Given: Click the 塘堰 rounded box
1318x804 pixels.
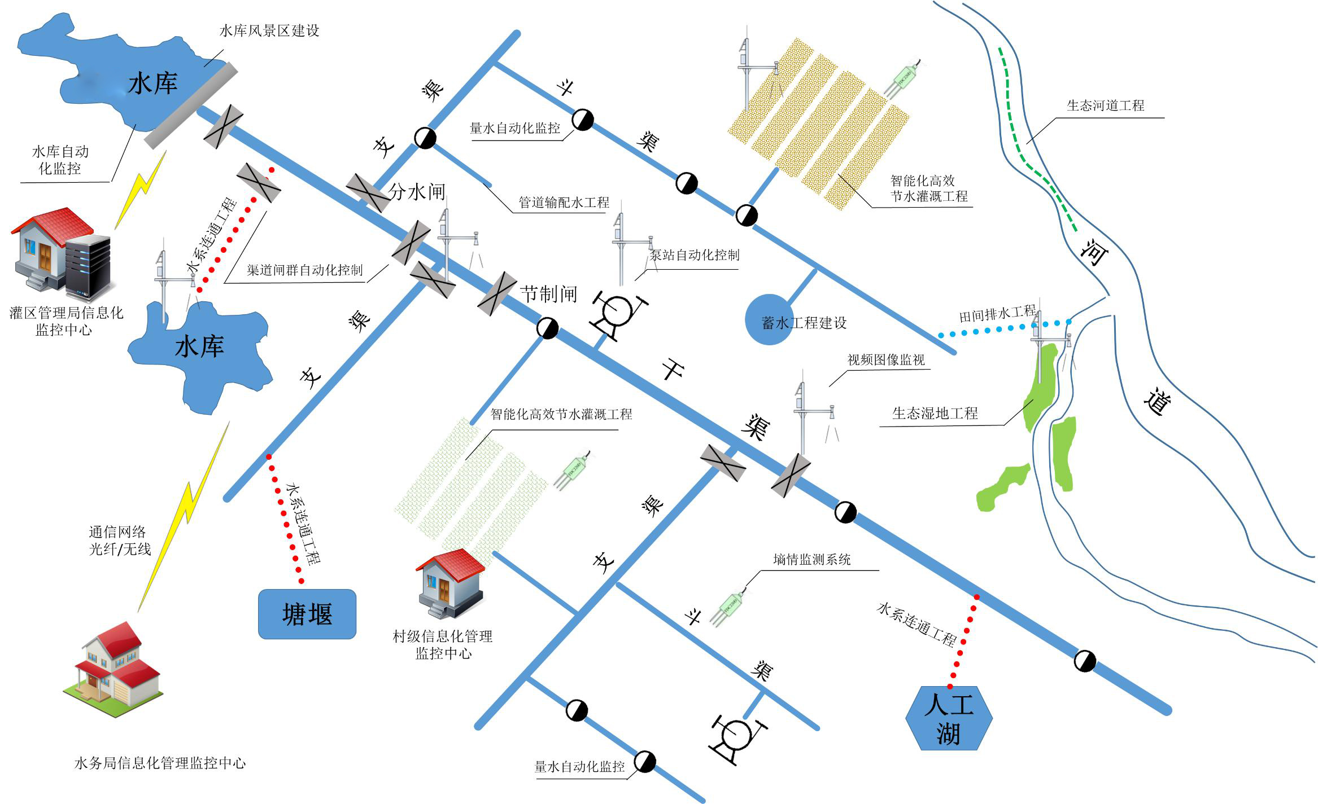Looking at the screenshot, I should [307, 614].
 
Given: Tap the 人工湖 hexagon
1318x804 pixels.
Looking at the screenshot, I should [949, 718].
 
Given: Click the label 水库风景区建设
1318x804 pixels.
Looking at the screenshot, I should [269, 30].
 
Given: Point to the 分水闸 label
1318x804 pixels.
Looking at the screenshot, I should [417, 192].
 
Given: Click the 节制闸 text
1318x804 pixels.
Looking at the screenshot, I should [548, 294].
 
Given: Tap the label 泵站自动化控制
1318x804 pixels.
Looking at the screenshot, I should [694, 255].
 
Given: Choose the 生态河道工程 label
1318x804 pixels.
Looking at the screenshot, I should [1105, 106].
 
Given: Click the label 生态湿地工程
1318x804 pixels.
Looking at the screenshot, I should [935, 414].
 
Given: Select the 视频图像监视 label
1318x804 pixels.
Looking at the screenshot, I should [886, 360].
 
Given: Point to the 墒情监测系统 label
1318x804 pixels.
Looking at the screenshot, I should [811, 560].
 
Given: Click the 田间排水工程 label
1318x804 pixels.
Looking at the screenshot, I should [997, 314].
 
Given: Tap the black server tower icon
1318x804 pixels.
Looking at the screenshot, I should [87, 267].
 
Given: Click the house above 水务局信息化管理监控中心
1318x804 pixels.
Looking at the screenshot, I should [119, 669].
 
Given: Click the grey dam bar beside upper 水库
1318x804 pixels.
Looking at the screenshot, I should [190, 106].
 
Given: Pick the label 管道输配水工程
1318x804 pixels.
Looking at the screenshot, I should [564, 202].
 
